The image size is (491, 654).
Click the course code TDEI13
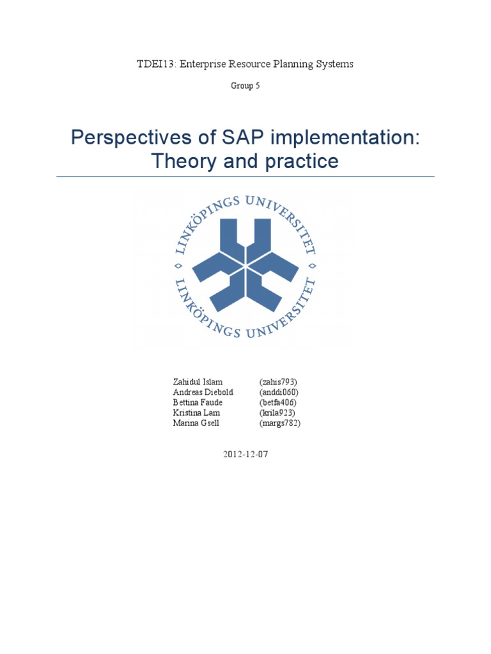click(152, 64)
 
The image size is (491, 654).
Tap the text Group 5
click(245, 86)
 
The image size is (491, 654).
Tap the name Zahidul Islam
click(198, 382)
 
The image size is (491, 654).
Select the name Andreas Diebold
click(203, 392)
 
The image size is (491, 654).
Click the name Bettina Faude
click(198, 402)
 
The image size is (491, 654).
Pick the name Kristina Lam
click(196, 413)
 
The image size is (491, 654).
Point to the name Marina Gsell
click(196, 423)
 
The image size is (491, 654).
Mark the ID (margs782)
click(280, 423)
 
